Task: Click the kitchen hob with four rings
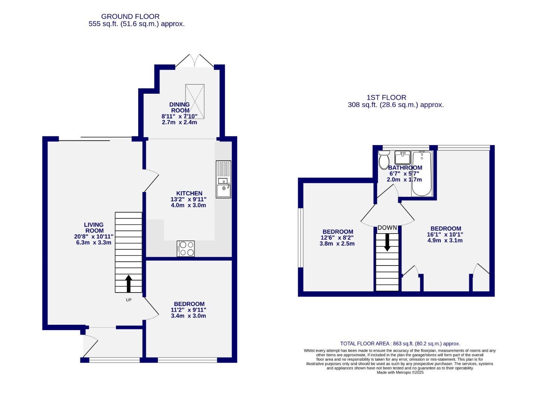point(186,248)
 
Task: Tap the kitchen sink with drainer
point(224,179)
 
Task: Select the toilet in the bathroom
point(384,160)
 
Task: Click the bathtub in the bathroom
point(422,173)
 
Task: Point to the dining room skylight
point(195,100)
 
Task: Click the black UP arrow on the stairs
point(128,283)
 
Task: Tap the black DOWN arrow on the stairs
point(387,242)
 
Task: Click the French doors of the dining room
point(194,61)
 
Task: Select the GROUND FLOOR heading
point(130,16)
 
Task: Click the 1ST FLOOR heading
point(386,97)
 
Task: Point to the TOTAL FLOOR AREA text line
point(400,343)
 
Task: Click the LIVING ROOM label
point(94,228)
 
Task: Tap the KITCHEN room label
point(189,193)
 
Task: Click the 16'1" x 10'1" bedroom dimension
point(445,234)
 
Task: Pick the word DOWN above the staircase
point(387,228)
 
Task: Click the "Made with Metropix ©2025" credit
point(400,372)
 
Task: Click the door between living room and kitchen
point(151,181)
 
